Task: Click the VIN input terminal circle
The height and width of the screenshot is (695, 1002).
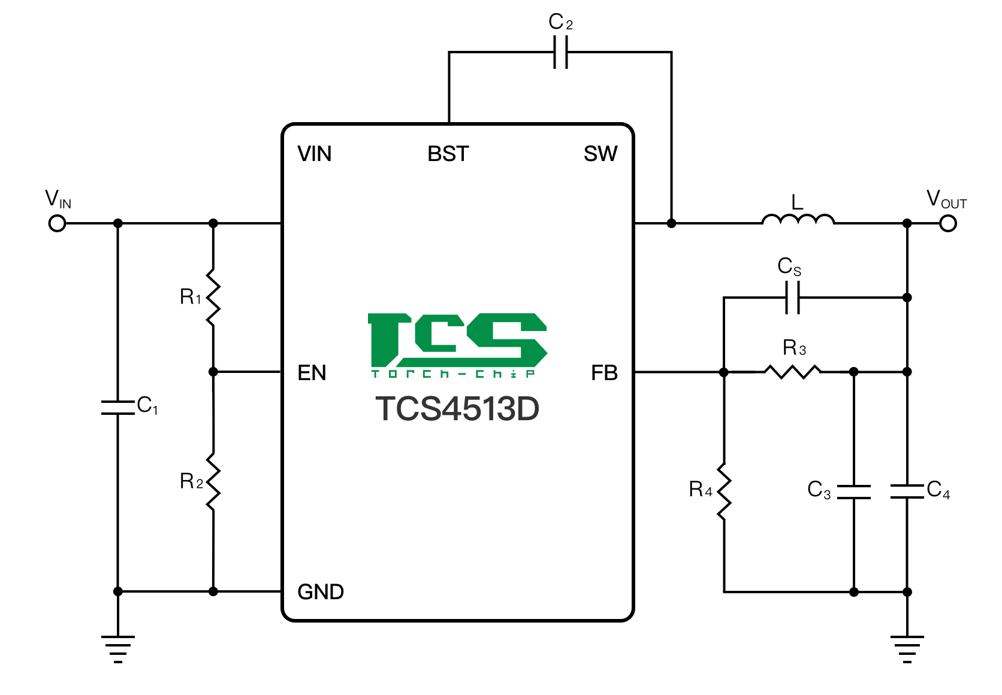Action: coord(57,223)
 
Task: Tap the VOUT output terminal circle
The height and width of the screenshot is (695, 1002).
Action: coord(948,223)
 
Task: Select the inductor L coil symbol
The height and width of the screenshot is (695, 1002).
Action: coord(798,220)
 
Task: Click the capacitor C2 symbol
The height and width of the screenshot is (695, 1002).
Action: coord(560,52)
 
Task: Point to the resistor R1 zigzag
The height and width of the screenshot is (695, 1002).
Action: coord(213,298)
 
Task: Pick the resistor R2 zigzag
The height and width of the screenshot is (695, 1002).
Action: coord(213,482)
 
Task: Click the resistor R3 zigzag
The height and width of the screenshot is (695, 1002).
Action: coord(792,372)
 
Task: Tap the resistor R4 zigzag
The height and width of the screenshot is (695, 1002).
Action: coord(724,492)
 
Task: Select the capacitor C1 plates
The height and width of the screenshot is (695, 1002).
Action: coord(118,407)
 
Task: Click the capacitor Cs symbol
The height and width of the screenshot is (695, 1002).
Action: coord(792,298)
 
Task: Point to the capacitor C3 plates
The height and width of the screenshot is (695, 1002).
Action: coord(854,492)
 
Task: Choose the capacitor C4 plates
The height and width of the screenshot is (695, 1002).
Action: coord(907,491)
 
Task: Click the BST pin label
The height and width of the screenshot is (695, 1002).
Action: coord(448,154)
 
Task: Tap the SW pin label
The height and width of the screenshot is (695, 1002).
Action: coord(600,154)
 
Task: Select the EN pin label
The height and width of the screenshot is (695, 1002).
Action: coord(312,373)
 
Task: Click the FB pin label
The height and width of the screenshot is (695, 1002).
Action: coord(604,373)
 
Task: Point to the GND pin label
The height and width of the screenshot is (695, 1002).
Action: coord(321,592)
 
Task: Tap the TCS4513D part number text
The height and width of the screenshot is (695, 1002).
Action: coord(457,409)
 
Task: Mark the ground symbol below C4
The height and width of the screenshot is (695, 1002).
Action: coord(907,649)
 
